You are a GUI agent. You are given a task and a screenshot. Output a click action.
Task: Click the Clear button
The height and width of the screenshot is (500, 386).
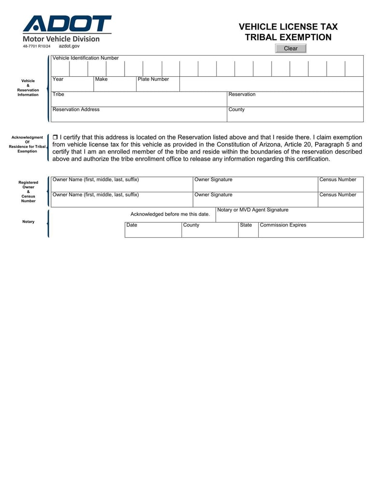click(x=290, y=48)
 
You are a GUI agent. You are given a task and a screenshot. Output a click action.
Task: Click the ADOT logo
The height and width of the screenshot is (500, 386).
click(x=67, y=24)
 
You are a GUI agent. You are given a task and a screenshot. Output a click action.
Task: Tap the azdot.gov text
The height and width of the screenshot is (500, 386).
click(x=69, y=46)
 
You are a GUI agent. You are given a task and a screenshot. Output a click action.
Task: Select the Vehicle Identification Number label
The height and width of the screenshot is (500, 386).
click(x=85, y=58)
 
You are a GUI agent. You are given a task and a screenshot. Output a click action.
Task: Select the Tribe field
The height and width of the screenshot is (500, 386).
click(x=139, y=100)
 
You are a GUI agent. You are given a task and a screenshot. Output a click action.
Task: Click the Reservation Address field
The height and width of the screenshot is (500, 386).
click(x=139, y=115)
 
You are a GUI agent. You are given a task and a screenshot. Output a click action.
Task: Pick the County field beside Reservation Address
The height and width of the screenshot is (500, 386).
click(x=295, y=115)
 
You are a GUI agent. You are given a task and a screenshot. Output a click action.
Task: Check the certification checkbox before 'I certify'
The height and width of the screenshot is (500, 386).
click(x=55, y=138)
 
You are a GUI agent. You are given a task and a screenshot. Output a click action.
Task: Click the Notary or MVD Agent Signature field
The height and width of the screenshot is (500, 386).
click(x=289, y=215)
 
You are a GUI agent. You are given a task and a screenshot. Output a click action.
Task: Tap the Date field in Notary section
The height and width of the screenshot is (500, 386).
click(x=153, y=230)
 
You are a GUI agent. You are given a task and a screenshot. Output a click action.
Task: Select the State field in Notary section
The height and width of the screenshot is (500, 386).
click(x=248, y=230)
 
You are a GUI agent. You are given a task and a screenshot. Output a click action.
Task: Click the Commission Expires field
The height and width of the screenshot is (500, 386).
click(x=310, y=230)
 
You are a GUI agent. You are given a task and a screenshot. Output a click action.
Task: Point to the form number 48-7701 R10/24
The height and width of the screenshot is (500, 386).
click(x=37, y=46)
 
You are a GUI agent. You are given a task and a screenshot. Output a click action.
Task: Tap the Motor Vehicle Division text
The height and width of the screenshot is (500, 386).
click(x=61, y=39)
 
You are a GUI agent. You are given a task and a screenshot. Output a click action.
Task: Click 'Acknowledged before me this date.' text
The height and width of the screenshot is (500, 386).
click(x=170, y=214)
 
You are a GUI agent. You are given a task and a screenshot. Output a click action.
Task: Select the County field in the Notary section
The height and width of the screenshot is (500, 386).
click(x=210, y=230)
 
